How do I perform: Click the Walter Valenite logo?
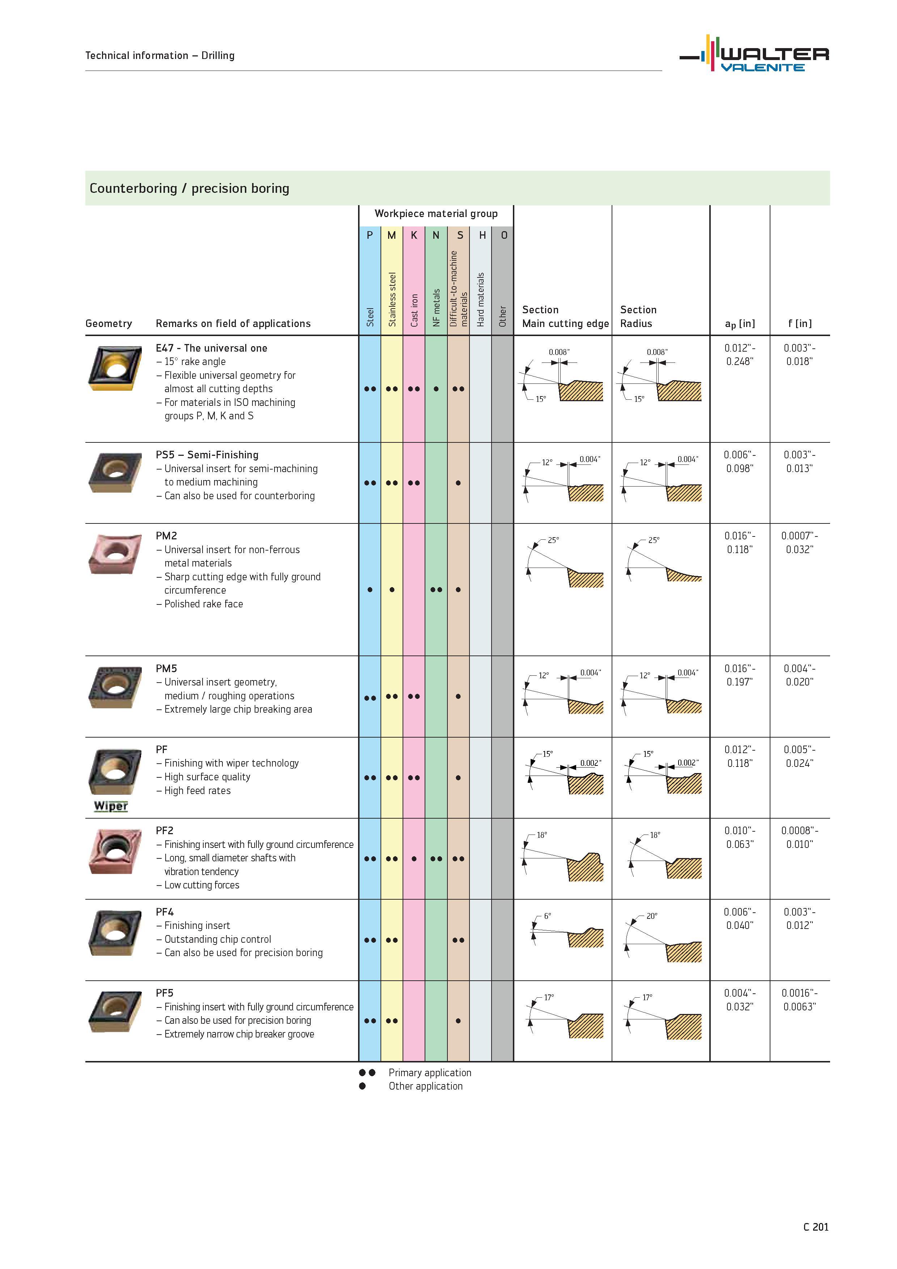(x=754, y=54)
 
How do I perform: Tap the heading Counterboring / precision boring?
(x=189, y=188)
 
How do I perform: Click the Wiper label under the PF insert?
(x=111, y=806)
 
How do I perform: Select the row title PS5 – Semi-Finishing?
(x=207, y=455)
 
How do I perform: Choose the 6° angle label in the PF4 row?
(x=547, y=916)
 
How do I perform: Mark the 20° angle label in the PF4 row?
(x=652, y=916)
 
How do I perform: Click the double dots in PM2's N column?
(x=436, y=590)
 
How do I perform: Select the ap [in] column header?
(x=740, y=324)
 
